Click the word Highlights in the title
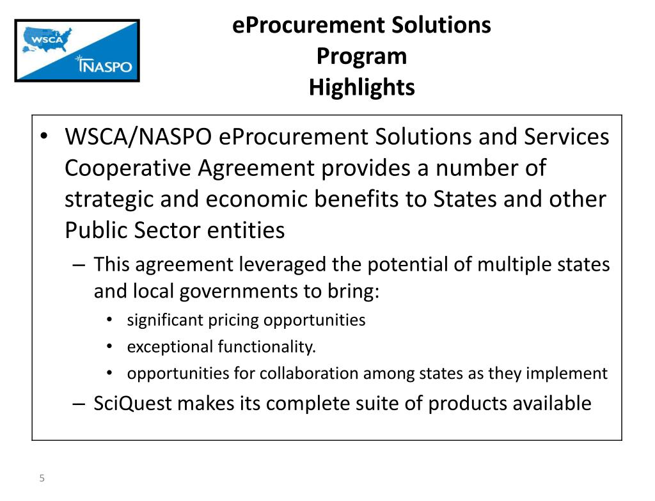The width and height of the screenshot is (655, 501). pyautogui.click(x=361, y=87)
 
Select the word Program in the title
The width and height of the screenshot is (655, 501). pyautogui.click(x=361, y=56)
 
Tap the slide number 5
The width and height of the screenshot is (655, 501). pyautogui.click(x=42, y=479)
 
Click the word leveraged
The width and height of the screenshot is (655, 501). pyautogui.click(x=285, y=264)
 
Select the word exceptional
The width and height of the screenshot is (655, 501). pyautogui.click(x=170, y=347)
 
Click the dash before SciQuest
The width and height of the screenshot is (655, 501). pyautogui.click(x=79, y=404)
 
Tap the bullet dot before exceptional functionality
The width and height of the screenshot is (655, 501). pyautogui.click(x=111, y=347)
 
